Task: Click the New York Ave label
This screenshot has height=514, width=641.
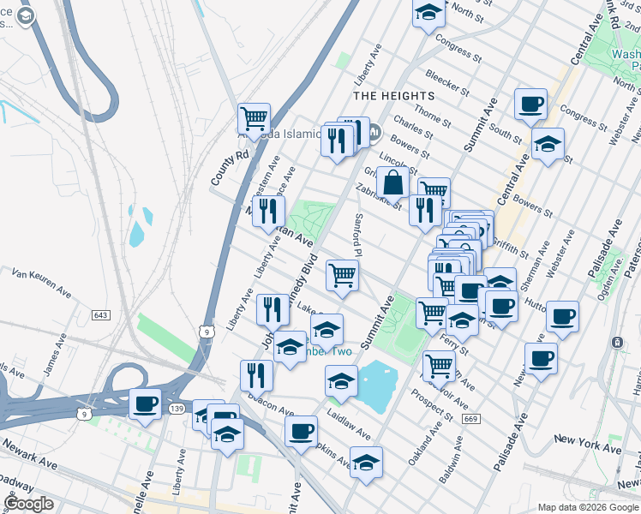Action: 587,444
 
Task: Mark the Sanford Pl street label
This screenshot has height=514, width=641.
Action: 360,234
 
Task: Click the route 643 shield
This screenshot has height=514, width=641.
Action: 101,316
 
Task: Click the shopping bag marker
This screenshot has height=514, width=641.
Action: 392,182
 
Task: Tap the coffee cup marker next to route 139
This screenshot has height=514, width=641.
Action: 145,403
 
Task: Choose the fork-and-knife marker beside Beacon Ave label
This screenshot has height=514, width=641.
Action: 256,374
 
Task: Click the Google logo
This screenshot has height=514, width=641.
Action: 28,504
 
